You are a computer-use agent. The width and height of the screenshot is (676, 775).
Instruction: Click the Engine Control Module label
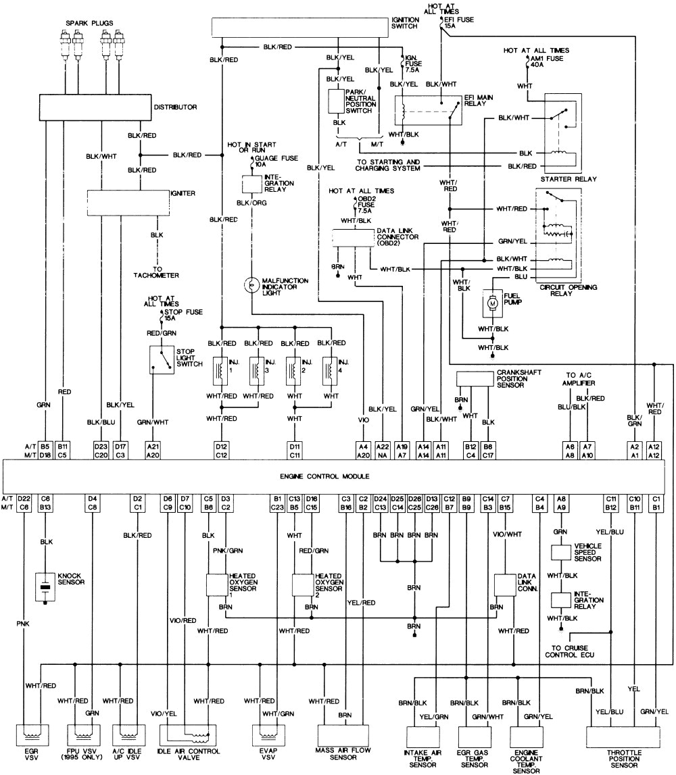(339, 475)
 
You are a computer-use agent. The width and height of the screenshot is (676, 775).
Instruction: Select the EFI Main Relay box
(427, 108)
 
